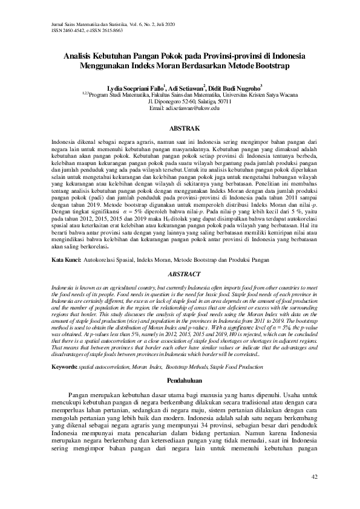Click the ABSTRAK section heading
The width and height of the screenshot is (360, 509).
pyautogui.click(x=180, y=129)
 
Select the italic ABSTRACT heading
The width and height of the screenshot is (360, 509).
pyautogui.click(x=180, y=273)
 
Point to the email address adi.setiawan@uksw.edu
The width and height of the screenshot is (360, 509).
pyautogui.click(x=180, y=108)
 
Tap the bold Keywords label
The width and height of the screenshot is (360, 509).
pyautogui.click(x=65, y=350)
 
